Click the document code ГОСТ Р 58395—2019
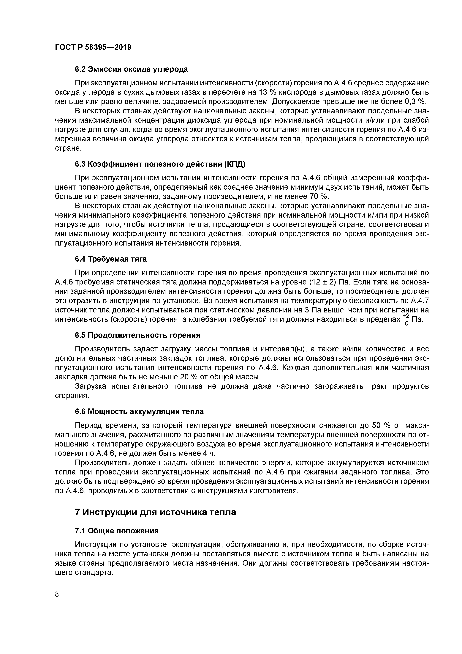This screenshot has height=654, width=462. pyautogui.click(x=93, y=47)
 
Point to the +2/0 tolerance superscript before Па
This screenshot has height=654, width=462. pyautogui.click(x=406, y=319)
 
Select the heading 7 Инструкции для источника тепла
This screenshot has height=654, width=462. pyautogui.click(x=155, y=512)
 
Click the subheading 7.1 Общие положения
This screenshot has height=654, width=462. pyautogui.click(x=117, y=531)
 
